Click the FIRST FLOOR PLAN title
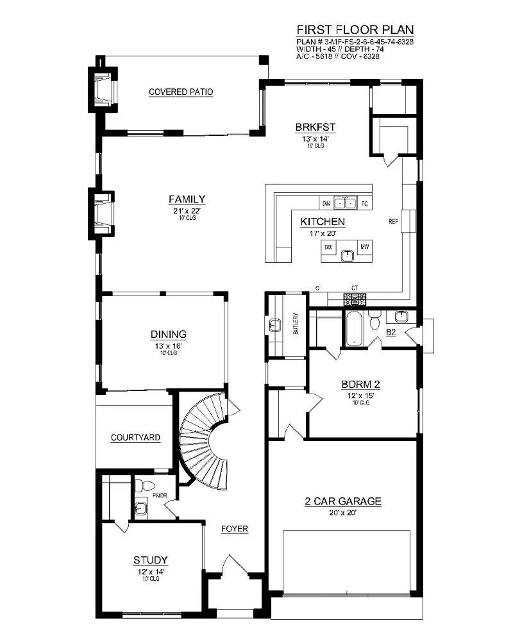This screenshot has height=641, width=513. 355,29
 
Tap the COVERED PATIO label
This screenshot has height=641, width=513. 181,92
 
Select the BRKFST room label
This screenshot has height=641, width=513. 315,126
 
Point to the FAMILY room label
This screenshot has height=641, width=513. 187,199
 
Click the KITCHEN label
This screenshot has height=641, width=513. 323,222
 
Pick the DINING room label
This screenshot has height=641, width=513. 169,334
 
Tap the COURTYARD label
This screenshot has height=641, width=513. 135,438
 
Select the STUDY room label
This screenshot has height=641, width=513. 151,560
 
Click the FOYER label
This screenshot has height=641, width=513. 235,529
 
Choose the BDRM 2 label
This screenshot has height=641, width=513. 360,385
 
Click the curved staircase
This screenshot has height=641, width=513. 202,439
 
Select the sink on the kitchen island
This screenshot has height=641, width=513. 347,255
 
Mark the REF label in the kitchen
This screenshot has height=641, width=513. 394,222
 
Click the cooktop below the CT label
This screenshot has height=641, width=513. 355,299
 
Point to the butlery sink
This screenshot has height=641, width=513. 276,325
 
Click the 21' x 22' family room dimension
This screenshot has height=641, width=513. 187,211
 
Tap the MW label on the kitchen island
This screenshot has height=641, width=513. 364,247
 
